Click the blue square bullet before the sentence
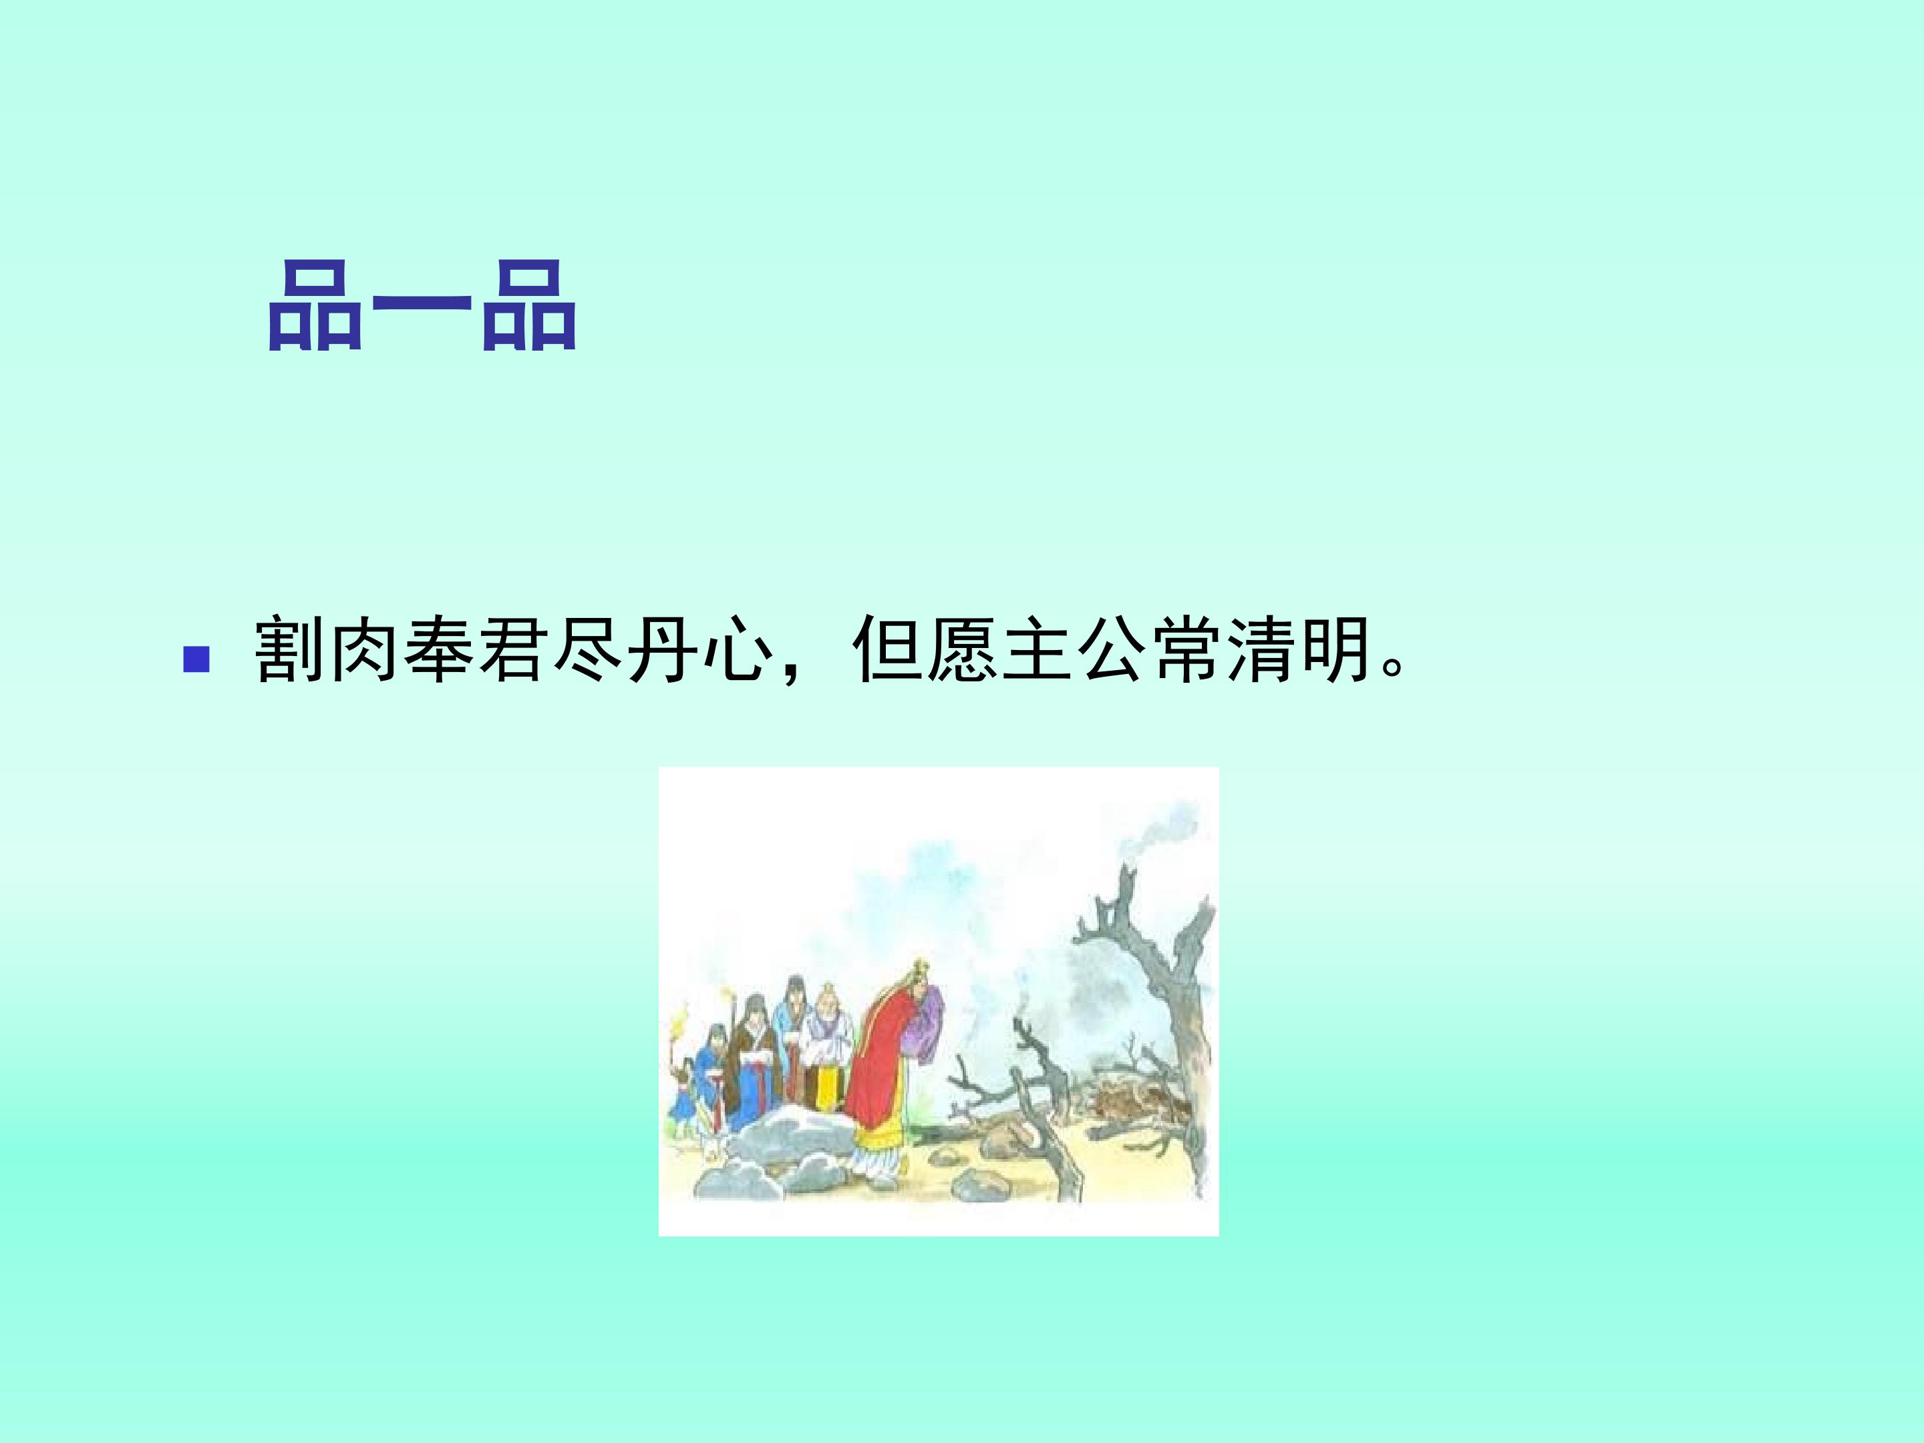[196, 659]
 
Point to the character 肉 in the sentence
[365, 651]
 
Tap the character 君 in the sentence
[514, 651]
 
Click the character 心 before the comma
[738, 651]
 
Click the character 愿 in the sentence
[962, 651]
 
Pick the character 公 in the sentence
[1112, 651]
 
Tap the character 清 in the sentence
[1261, 651]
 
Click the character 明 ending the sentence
[1336, 651]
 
